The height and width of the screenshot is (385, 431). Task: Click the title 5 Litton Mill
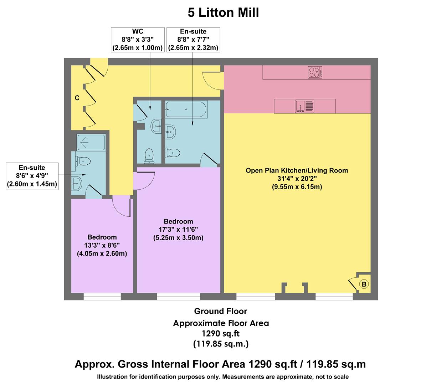(x=223, y=13)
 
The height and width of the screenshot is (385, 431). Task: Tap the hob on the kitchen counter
(x=315, y=72)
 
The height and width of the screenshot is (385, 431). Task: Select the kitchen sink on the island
(x=304, y=106)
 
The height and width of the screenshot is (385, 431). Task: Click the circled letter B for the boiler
(x=364, y=284)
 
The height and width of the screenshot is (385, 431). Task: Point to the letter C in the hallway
(x=77, y=98)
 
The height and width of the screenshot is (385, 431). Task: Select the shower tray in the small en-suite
(x=92, y=142)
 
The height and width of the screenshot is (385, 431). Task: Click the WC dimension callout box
(x=138, y=40)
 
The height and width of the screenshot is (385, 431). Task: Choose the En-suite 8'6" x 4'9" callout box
(x=32, y=176)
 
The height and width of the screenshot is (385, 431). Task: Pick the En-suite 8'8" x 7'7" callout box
(x=193, y=40)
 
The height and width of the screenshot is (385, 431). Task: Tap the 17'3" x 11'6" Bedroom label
(x=178, y=230)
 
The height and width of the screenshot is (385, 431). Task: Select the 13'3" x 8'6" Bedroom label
(x=102, y=245)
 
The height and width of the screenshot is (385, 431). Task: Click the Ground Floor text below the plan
(x=220, y=311)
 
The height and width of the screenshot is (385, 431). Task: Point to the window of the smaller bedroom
(x=102, y=296)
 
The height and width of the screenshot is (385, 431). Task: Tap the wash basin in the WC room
(x=157, y=127)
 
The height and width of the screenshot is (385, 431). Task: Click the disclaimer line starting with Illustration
(x=223, y=377)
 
